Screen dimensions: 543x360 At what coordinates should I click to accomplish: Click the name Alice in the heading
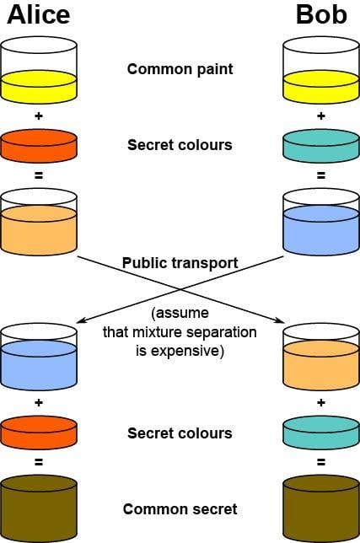pyautogui.click(x=39, y=15)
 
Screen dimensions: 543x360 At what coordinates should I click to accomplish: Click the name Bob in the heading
pyautogui.click(x=321, y=15)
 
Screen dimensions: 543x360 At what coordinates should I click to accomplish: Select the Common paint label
pyautogui.click(x=179, y=69)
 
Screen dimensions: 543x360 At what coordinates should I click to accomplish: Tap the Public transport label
pyautogui.click(x=180, y=262)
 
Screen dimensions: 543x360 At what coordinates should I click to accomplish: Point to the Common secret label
pyautogui.click(x=180, y=509)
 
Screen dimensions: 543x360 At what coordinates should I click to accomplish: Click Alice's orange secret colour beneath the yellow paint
pyautogui.click(x=39, y=145)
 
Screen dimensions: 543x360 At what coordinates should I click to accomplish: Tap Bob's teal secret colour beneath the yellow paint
pyautogui.click(x=320, y=145)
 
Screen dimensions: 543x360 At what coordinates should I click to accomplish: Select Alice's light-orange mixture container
pyautogui.click(x=39, y=223)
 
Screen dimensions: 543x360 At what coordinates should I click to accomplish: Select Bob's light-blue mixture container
pyautogui.click(x=320, y=223)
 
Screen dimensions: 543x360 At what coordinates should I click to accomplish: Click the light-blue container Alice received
pyautogui.click(x=39, y=358)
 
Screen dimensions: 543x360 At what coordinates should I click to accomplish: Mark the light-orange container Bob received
pyautogui.click(x=320, y=358)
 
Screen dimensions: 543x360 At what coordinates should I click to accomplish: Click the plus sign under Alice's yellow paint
pyautogui.click(x=39, y=116)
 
